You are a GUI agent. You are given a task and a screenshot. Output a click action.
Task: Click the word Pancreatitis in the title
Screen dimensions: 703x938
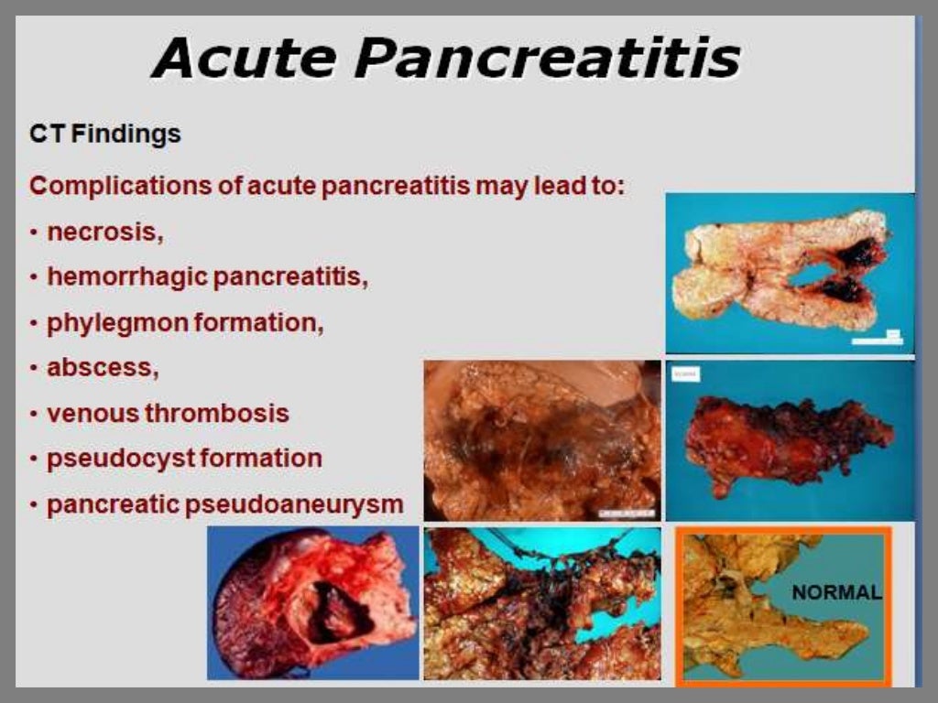click(x=547, y=59)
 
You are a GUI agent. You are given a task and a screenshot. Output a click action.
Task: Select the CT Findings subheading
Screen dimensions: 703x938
click(x=105, y=135)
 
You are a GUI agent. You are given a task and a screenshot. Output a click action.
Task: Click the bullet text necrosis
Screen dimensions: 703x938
click(x=104, y=232)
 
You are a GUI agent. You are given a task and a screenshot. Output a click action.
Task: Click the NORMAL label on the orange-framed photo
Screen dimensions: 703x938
click(x=836, y=592)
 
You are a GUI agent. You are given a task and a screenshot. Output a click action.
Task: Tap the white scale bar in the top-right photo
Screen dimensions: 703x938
click(x=878, y=341)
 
